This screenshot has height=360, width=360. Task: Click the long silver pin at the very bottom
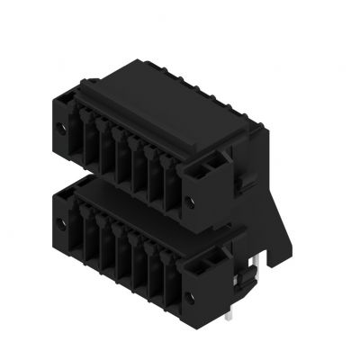tap(231, 310)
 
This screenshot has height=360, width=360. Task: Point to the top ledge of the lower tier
tap(135, 193)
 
